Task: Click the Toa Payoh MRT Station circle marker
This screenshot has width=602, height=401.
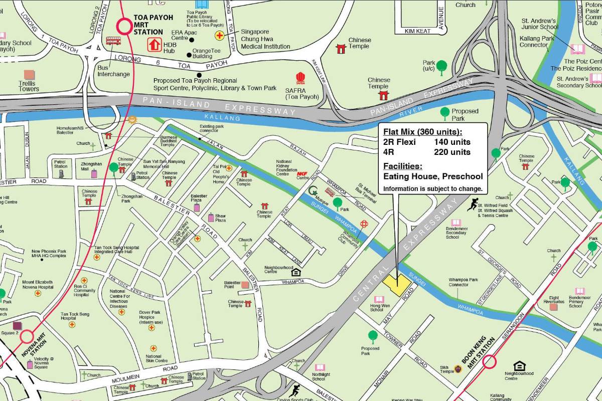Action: pos(123,26)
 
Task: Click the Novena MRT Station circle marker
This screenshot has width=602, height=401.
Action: pos(26,336)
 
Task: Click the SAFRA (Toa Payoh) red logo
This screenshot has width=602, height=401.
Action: pos(300,79)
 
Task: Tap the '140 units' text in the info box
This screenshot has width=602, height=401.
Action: pos(452,142)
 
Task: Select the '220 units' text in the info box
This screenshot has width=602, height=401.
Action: pos(452,152)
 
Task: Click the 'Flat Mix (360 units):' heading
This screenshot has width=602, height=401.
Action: pos(422,132)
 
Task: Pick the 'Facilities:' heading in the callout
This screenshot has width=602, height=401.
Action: pos(403,166)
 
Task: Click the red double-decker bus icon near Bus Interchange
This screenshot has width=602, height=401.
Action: pos(113,41)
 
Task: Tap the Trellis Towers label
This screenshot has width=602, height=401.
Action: pos(29,86)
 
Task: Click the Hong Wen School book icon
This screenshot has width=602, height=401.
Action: pos(379,299)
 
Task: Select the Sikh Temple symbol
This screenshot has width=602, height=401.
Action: pos(458,369)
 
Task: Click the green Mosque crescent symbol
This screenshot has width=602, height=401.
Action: pos(314,190)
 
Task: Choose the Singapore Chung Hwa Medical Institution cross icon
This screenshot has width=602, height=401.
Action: pos(219,36)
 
